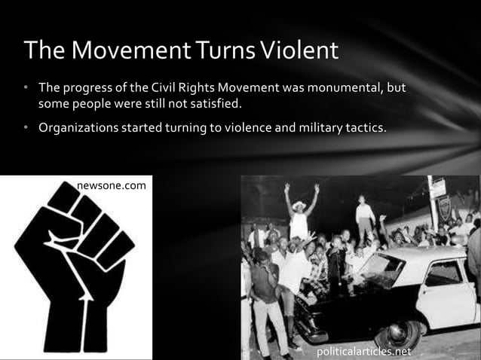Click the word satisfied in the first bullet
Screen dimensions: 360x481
click(x=237, y=103)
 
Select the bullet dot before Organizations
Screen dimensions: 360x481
click(x=24, y=127)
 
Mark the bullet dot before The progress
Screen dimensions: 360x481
click(x=24, y=88)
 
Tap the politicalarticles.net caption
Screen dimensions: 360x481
click(x=364, y=351)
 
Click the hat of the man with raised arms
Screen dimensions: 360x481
click(x=300, y=205)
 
